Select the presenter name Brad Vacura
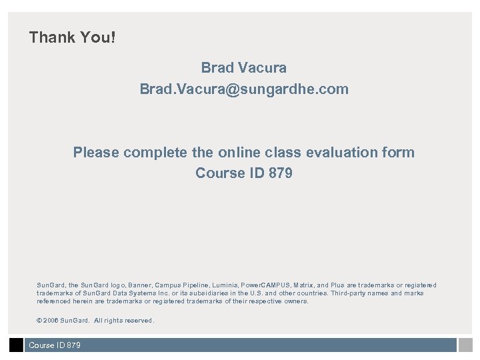(x=243, y=68)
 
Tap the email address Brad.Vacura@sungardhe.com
(x=243, y=89)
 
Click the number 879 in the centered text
(x=279, y=173)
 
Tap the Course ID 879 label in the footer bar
(x=54, y=345)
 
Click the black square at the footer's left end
(x=16, y=345)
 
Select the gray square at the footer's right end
(x=465, y=345)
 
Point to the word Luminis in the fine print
(x=221, y=285)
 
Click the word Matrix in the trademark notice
(x=304, y=285)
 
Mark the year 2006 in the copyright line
(x=50, y=321)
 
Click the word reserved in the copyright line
(x=137, y=321)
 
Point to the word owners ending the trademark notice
(x=295, y=301)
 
